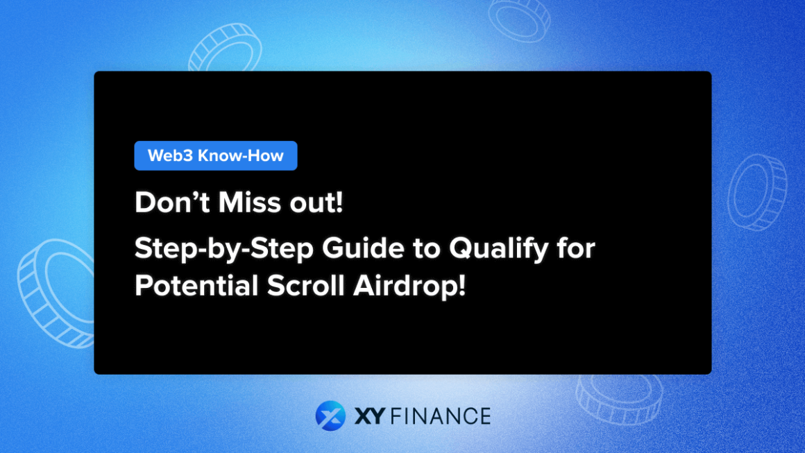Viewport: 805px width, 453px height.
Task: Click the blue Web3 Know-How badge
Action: [215, 155]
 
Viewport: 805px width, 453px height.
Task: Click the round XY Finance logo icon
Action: [330, 416]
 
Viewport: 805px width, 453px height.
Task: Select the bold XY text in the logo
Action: [369, 416]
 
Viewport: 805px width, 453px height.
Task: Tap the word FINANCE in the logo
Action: [439, 416]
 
